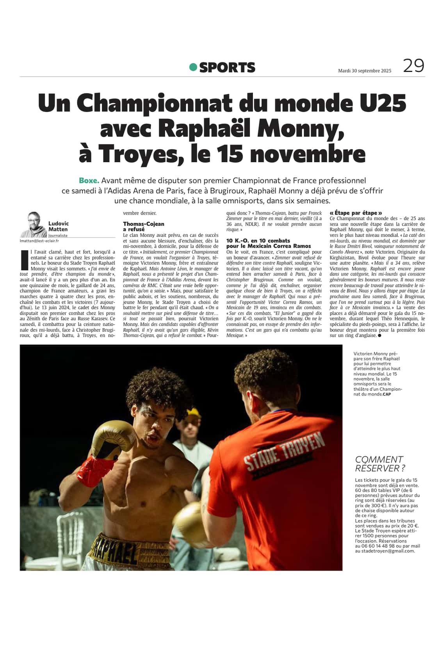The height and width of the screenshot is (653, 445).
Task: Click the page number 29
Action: click(413, 66)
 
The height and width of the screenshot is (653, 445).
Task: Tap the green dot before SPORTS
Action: click(193, 67)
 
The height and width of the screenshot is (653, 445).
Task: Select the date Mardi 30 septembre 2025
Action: click(364, 71)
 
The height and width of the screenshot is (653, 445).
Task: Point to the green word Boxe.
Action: click(89, 181)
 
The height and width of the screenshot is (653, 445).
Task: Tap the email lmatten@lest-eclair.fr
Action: click(39, 241)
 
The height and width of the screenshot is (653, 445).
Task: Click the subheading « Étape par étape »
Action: click(356, 213)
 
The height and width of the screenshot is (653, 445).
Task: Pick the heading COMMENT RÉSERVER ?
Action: click(379, 464)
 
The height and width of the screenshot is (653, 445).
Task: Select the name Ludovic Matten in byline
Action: click(58, 226)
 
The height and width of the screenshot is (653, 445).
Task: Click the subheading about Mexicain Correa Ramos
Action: click(269, 243)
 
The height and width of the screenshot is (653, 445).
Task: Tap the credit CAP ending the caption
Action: click(386, 394)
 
